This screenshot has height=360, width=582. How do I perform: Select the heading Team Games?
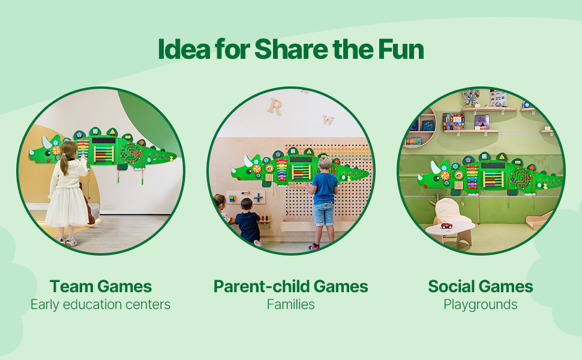[x=101, y=286]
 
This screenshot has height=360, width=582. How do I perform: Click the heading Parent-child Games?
[x=290, y=286]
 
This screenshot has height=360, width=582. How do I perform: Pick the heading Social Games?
[x=480, y=286]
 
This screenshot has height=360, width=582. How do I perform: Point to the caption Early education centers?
[x=100, y=305]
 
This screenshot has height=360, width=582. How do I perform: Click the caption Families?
[x=290, y=304]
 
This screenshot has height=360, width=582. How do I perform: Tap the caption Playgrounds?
[x=480, y=305]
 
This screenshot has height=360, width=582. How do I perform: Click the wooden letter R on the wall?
[x=275, y=107]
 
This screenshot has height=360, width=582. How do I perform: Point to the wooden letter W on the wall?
[x=328, y=120]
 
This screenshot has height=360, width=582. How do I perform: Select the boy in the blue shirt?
[x=323, y=203]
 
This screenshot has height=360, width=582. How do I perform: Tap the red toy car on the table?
[x=446, y=226]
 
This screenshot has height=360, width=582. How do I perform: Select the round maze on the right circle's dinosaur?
[x=521, y=179]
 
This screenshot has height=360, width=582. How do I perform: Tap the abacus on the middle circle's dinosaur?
[x=301, y=172]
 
